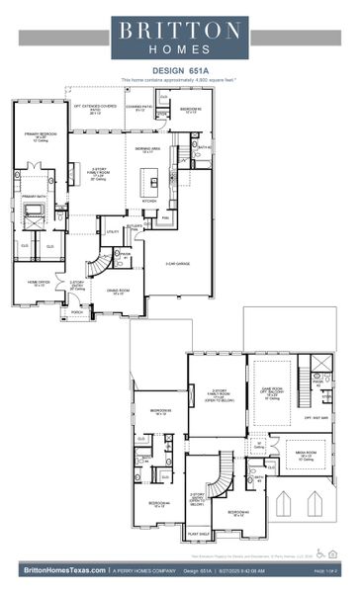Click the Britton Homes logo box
pyautogui.click(x=180, y=38)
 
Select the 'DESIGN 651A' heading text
pyautogui.click(x=179, y=71)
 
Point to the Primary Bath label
pyautogui.click(x=35, y=196)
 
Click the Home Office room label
pyautogui.click(x=37, y=284)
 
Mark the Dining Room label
pyautogui.click(x=118, y=294)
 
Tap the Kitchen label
pyautogui.click(x=149, y=201)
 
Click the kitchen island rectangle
pyautogui.click(x=149, y=181)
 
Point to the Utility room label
pyautogui.click(x=113, y=231)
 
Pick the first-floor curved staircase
pyautogui.click(x=98, y=265)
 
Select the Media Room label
pyautogui.click(x=305, y=458)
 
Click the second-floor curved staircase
pyautogui.click(x=225, y=473)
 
